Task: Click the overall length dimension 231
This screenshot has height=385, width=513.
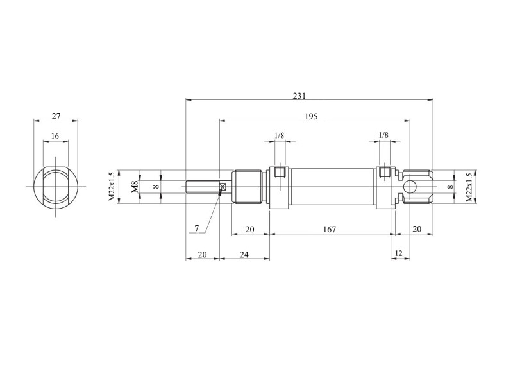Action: pos(299,96)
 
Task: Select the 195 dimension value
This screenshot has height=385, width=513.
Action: pos(311,116)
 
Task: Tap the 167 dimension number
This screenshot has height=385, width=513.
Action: pos(330,229)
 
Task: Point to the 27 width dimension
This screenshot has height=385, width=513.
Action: pos(56,116)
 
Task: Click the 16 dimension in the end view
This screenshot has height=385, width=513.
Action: pos(55,136)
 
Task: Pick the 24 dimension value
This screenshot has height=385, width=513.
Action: pos(244,254)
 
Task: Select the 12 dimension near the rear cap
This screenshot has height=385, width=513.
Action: pos(398,253)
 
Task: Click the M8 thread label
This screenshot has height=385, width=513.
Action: pos(135,187)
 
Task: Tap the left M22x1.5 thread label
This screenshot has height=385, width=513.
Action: pos(112,187)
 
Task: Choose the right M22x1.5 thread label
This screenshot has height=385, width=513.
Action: pos(469,187)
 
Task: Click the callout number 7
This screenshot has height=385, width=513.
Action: pos(197,228)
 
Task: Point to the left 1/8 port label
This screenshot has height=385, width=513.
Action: pos(279,135)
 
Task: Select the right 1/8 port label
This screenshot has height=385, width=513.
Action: pos(383,135)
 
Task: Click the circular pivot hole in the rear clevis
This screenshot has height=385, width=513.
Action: pos(409,187)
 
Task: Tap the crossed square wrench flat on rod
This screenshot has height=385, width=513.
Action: pos(223,187)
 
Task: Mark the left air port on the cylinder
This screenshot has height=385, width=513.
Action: pos(280,172)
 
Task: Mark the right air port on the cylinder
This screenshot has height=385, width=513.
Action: pos(384,172)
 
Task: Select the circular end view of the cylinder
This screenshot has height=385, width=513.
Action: pos(56,187)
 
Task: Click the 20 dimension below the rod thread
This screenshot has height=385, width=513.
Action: pos(203,254)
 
